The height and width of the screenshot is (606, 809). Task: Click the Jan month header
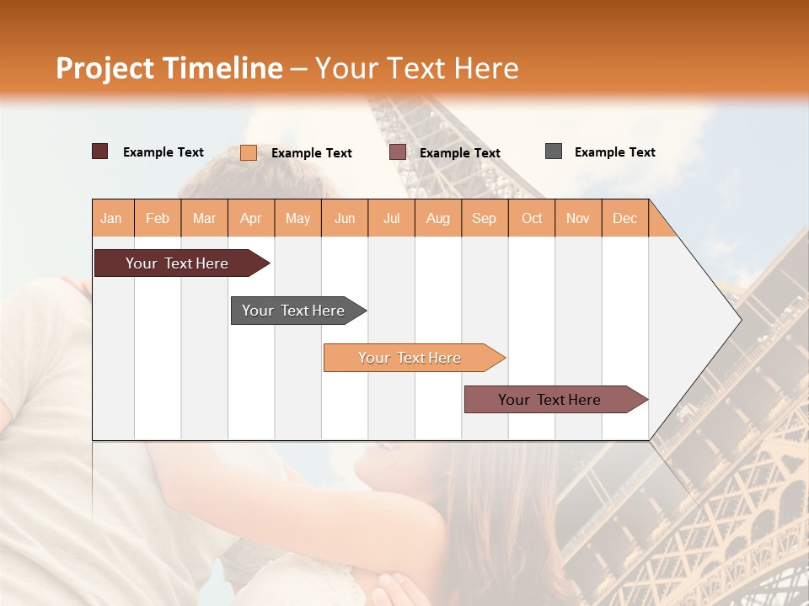pyautogui.click(x=112, y=218)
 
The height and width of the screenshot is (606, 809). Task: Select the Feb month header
pyautogui.click(x=158, y=218)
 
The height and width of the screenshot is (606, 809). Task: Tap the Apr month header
pyautogui.click(x=251, y=218)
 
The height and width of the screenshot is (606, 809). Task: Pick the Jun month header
pyautogui.click(x=345, y=218)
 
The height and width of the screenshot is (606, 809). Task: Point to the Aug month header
pyautogui.click(x=438, y=218)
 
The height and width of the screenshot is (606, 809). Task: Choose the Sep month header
pyautogui.click(x=485, y=218)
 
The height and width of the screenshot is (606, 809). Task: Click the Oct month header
pyautogui.click(x=532, y=218)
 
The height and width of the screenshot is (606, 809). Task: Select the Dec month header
pyautogui.click(x=625, y=218)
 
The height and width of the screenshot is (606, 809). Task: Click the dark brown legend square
pyautogui.click(x=100, y=151)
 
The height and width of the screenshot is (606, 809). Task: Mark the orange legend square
pyautogui.click(x=249, y=152)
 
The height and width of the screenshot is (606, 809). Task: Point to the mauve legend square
pyautogui.click(x=398, y=152)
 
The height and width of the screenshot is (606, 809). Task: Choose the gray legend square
pyautogui.click(x=554, y=151)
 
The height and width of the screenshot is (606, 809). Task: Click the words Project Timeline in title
pyautogui.click(x=169, y=68)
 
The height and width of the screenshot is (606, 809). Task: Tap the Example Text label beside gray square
pyautogui.click(x=614, y=152)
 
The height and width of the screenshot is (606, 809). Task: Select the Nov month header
pyautogui.click(x=578, y=218)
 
